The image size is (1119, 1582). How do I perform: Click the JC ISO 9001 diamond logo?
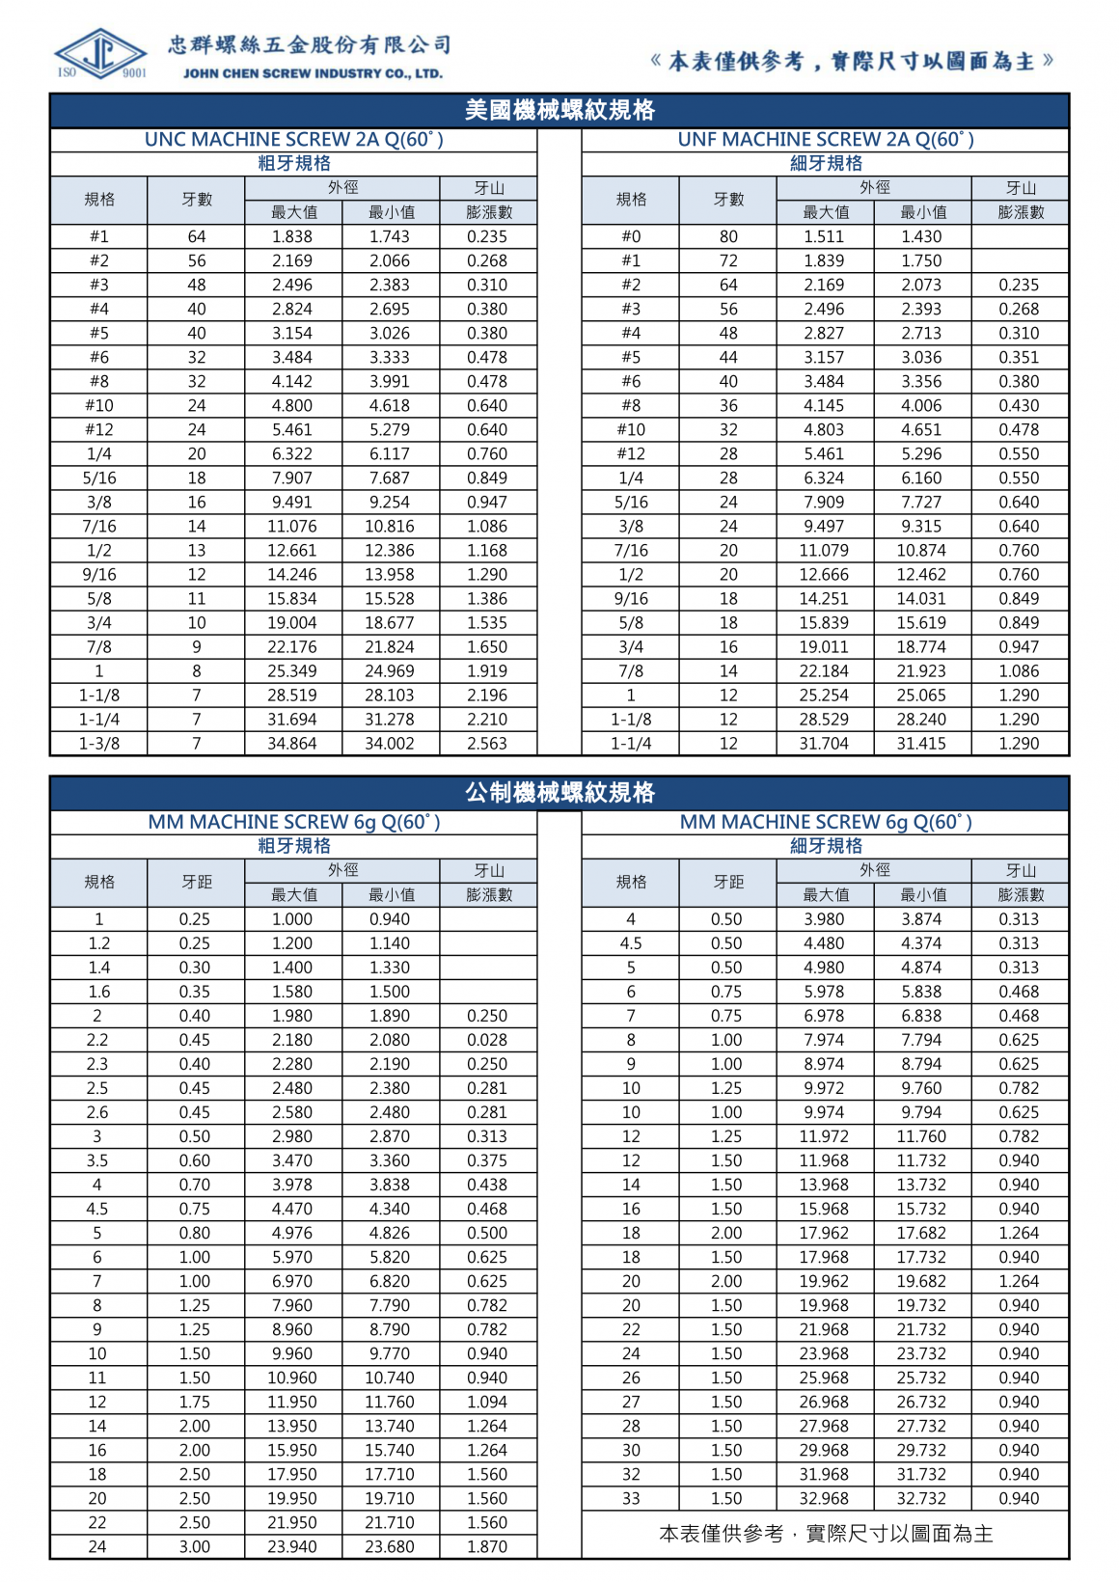pyautogui.click(x=100, y=54)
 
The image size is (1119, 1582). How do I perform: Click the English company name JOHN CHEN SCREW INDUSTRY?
pyautogui.click(x=313, y=73)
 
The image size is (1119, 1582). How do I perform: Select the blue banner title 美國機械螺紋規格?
pyautogui.click(x=559, y=110)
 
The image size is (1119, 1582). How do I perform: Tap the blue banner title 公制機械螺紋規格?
pyautogui.click(x=559, y=792)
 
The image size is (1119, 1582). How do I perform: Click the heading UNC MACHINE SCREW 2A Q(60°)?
pyautogui.click(x=293, y=139)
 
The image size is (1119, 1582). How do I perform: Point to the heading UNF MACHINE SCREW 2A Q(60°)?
pyautogui.click(x=826, y=139)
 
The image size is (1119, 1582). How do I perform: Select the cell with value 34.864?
pyautogui.click(x=292, y=743)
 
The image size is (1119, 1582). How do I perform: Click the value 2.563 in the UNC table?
pyautogui.click(x=487, y=743)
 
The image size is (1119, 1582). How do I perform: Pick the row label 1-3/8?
pyautogui.click(x=99, y=743)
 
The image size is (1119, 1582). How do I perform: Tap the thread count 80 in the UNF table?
pyautogui.click(x=728, y=236)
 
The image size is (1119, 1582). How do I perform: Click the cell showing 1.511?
pyautogui.click(x=824, y=236)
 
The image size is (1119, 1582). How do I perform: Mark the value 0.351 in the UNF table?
pyautogui.click(x=1019, y=357)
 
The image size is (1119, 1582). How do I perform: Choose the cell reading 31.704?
pyautogui.click(x=824, y=743)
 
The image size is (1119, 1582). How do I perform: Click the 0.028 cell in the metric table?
pyautogui.click(x=487, y=1040)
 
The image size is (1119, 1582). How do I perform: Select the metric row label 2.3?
pyautogui.click(x=98, y=1064)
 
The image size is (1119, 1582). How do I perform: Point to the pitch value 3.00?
pyautogui.click(x=195, y=1546)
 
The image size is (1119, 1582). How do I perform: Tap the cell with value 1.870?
pyautogui.click(x=487, y=1546)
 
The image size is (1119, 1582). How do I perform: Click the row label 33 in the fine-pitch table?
pyautogui.click(x=631, y=1498)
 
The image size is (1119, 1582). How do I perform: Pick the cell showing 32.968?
pyautogui.click(x=824, y=1498)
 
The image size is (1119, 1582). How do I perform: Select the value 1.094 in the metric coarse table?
pyautogui.click(x=487, y=1402)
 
